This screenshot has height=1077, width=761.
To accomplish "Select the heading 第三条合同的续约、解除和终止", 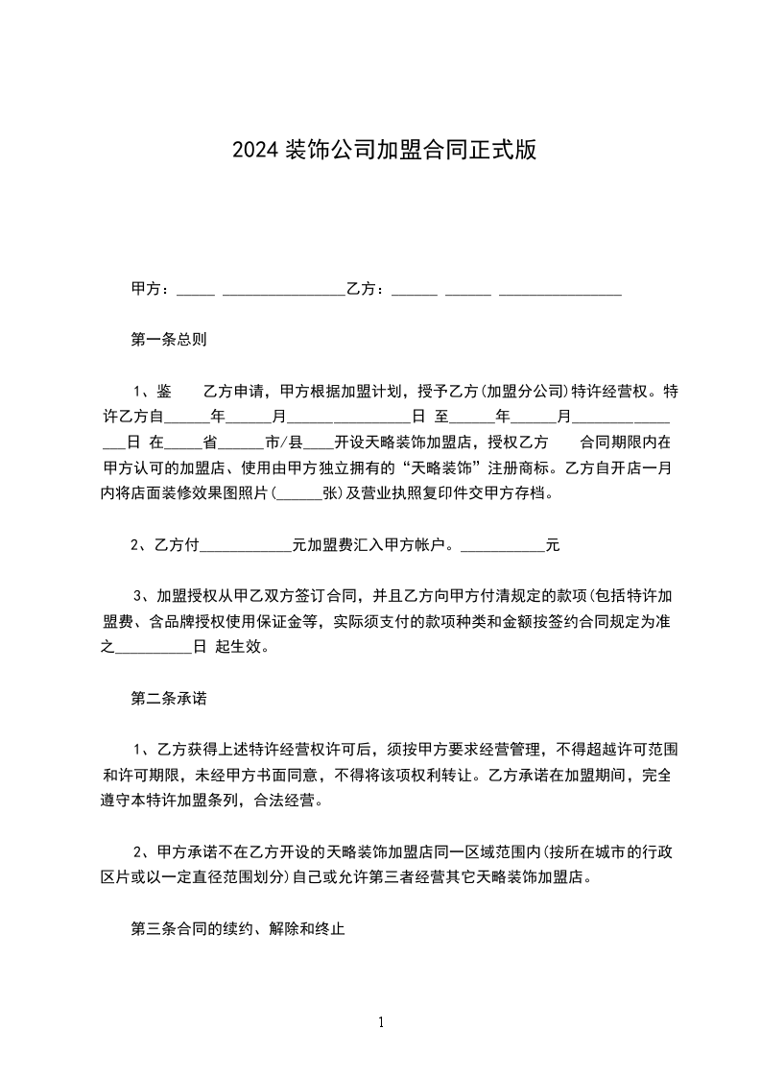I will tap(237, 929).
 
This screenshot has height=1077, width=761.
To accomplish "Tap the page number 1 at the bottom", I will tap(381, 1021).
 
